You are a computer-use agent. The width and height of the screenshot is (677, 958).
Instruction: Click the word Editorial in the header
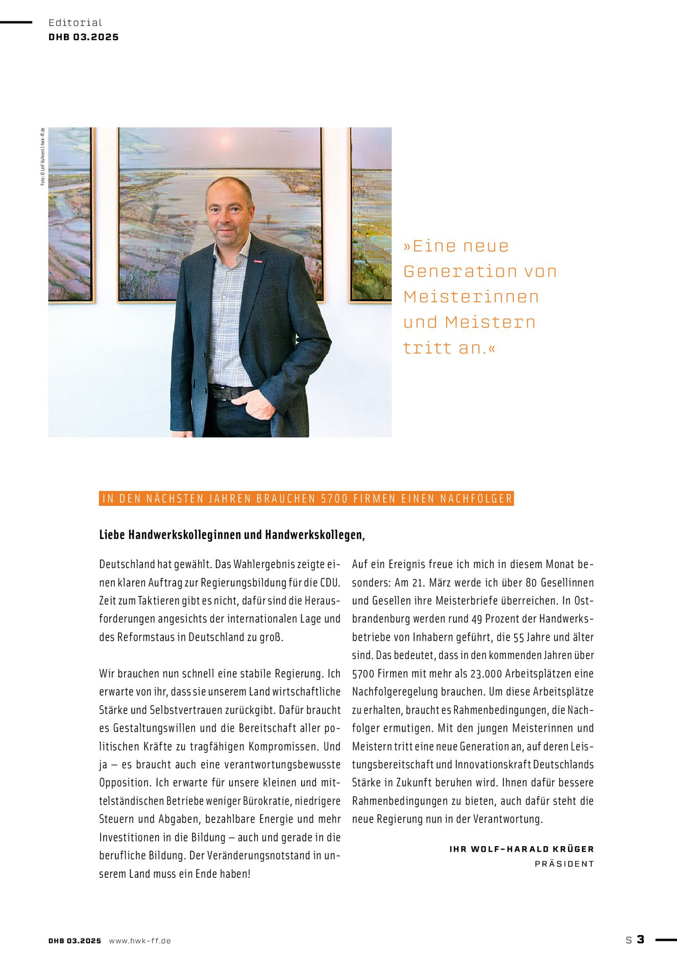[75, 22]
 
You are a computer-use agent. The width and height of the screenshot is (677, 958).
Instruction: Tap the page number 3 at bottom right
[640, 939]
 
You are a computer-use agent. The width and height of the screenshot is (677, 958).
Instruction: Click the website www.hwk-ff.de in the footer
[139, 941]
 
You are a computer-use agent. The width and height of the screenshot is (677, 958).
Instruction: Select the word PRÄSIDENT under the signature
[564, 864]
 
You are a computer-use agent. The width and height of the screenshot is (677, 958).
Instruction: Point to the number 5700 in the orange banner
[334, 499]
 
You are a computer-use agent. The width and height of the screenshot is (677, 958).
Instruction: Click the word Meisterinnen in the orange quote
[471, 297]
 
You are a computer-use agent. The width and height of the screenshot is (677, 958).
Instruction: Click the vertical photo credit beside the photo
[43, 156]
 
